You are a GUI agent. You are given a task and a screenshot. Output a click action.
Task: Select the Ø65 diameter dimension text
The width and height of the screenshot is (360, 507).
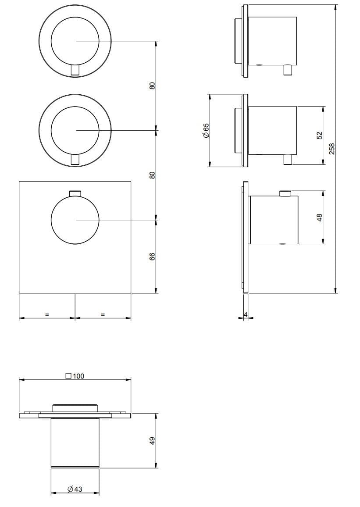pos(206,130)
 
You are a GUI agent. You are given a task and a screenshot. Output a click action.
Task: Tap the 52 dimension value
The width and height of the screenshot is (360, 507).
pos(319,136)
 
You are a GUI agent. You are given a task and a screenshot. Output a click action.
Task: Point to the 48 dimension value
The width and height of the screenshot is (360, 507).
pos(319,217)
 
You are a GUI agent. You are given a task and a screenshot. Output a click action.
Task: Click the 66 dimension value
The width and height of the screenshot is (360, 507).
pos(152,257)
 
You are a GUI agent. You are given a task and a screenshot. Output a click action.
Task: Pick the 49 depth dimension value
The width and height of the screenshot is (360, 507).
pos(152,440)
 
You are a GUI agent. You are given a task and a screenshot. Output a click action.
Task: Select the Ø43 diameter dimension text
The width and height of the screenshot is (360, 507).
pos(75,489)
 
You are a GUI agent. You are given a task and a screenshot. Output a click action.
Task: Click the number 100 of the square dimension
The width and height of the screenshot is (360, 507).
pos(79,376)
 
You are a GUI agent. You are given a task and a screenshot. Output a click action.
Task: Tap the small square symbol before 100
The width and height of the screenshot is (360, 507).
pos(68,376)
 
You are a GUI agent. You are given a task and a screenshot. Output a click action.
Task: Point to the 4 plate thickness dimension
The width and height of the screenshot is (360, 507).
pos(246,315)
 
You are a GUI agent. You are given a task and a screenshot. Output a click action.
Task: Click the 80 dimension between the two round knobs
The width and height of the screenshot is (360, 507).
pos(152,86)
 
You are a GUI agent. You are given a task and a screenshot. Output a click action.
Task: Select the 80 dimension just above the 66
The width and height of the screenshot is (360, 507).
pos(152,175)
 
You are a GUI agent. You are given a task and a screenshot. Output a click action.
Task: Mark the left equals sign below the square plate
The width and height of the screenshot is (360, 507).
pos(46,314)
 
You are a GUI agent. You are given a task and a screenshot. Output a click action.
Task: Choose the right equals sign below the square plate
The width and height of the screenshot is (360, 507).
pos(103,314)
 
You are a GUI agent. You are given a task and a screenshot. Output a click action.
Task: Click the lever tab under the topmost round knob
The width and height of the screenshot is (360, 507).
pos(75,70)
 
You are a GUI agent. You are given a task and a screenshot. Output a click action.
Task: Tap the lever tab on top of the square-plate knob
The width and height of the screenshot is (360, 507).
pos(75,193)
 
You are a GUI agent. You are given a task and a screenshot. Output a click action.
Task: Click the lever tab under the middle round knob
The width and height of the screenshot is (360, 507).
pos(75,160)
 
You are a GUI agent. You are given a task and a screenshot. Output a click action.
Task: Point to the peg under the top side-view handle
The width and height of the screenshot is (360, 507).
pos(288,70)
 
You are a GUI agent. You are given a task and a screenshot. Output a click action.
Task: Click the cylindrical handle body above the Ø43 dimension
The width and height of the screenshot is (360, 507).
pos(75,443)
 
